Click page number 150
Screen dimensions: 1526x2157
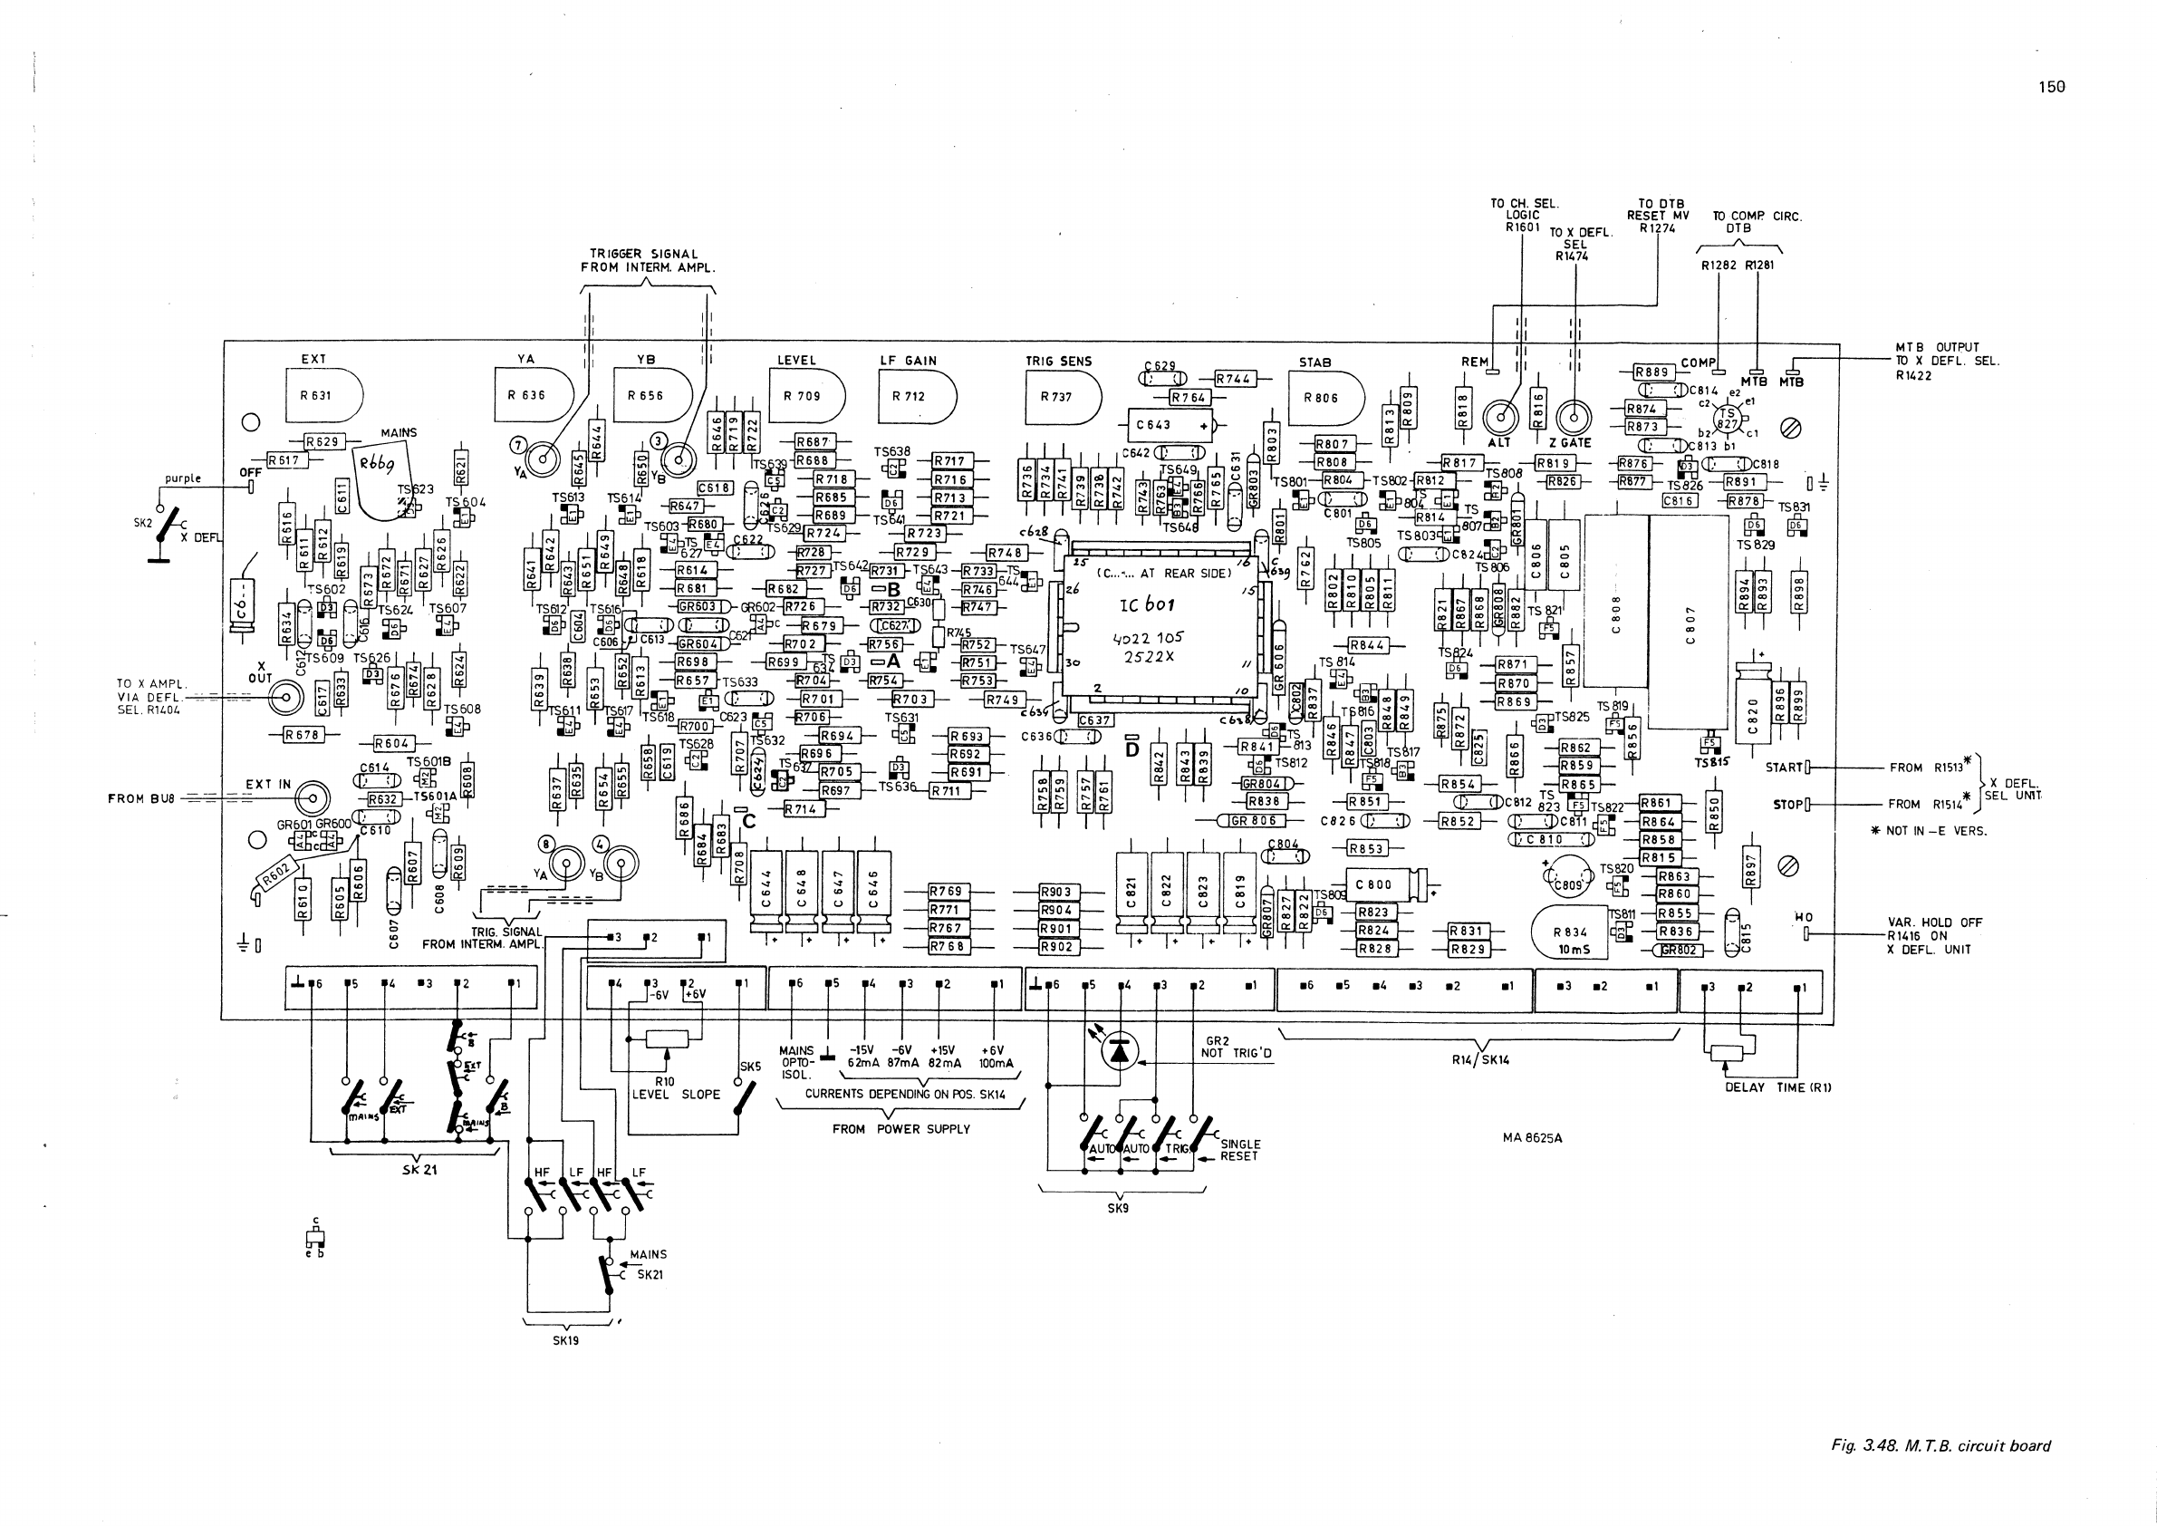click(2052, 86)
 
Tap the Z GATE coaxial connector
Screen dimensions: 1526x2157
click(1574, 416)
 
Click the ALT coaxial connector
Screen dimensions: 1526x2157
click(1500, 416)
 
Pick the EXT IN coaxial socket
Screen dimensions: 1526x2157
click(312, 798)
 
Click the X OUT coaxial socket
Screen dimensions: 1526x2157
click(285, 698)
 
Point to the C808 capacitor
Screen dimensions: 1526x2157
click(1616, 602)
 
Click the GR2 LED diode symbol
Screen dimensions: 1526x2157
click(1119, 1051)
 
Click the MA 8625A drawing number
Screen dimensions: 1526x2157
click(1532, 1138)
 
